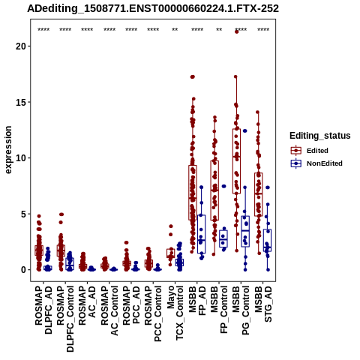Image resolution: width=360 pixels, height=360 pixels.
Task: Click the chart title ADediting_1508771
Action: tap(153, 9)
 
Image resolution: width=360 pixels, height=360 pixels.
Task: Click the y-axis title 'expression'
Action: tap(8, 150)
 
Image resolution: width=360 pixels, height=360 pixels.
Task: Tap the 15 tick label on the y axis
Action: tap(21, 102)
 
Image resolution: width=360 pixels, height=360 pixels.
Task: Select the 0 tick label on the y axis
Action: tap(23, 270)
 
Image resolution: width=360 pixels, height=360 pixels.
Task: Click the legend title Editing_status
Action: tap(320, 136)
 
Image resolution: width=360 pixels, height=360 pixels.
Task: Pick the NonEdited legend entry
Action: tap(316, 163)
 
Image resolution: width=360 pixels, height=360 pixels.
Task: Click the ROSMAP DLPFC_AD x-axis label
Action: tap(43, 310)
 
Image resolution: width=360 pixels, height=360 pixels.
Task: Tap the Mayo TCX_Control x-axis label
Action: tap(175, 313)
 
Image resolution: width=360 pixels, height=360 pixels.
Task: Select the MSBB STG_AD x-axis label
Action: tap(263, 304)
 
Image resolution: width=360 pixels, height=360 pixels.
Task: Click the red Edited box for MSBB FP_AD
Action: tap(193, 193)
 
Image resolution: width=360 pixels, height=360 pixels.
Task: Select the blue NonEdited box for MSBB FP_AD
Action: tap(201, 234)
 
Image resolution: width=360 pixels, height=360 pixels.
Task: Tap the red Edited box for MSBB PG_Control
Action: tap(236, 161)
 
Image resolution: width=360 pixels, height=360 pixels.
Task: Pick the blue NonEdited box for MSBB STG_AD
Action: tap(267, 240)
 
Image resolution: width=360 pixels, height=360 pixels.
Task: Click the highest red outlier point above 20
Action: tap(236, 31)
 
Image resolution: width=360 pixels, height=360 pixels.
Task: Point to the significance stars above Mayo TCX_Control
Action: tap(175, 30)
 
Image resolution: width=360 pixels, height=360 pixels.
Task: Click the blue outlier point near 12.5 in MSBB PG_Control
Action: tap(245, 130)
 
